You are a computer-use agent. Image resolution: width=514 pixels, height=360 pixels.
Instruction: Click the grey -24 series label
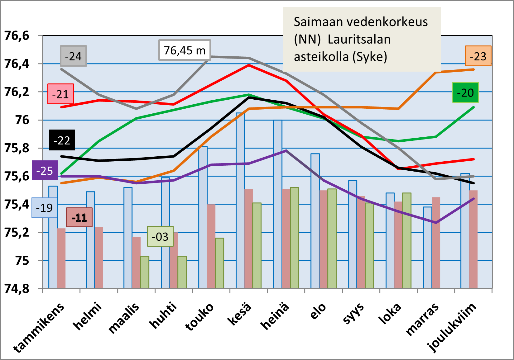pyautogui.click(x=73, y=56)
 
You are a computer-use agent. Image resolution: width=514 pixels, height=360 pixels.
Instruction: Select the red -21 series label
pyautogui.click(x=60, y=94)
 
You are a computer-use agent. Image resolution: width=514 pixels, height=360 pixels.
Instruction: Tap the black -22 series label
pyautogui.click(x=62, y=140)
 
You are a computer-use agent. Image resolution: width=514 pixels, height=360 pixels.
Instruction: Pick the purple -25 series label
pyautogui.click(x=45, y=171)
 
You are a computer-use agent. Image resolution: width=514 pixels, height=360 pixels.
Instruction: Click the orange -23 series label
pyautogui.click(x=478, y=56)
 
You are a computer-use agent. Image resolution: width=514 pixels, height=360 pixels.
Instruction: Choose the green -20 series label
pyautogui.click(x=465, y=92)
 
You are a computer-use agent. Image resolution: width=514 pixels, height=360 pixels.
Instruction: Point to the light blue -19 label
pyautogui.click(x=44, y=208)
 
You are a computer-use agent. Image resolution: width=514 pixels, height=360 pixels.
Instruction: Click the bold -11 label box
pyautogui.click(x=79, y=217)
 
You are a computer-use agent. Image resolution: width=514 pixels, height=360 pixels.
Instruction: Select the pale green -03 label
pyautogui.click(x=160, y=236)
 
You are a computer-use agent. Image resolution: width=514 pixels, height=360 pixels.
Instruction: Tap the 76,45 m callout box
pyautogui.click(x=185, y=50)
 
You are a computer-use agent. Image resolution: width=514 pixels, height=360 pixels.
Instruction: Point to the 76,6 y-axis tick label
pyautogui.click(x=17, y=36)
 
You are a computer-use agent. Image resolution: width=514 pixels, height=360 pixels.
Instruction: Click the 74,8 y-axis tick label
pyautogui.click(x=17, y=289)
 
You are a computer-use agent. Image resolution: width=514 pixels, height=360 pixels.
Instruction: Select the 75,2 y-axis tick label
pyautogui.click(x=17, y=232)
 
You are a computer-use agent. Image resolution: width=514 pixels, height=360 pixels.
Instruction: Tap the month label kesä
pyautogui.click(x=239, y=315)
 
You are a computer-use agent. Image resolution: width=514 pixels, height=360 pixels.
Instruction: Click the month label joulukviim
pyautogui.click(x=452, y=327)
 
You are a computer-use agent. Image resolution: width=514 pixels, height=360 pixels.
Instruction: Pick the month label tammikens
pyautogui.click(x=39, y=327)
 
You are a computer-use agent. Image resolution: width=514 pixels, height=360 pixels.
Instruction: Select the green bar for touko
pyautogui.click(x=219, y=263)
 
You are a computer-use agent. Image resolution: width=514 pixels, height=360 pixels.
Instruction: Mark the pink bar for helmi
pyautogui.click(x=99, y=257)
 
